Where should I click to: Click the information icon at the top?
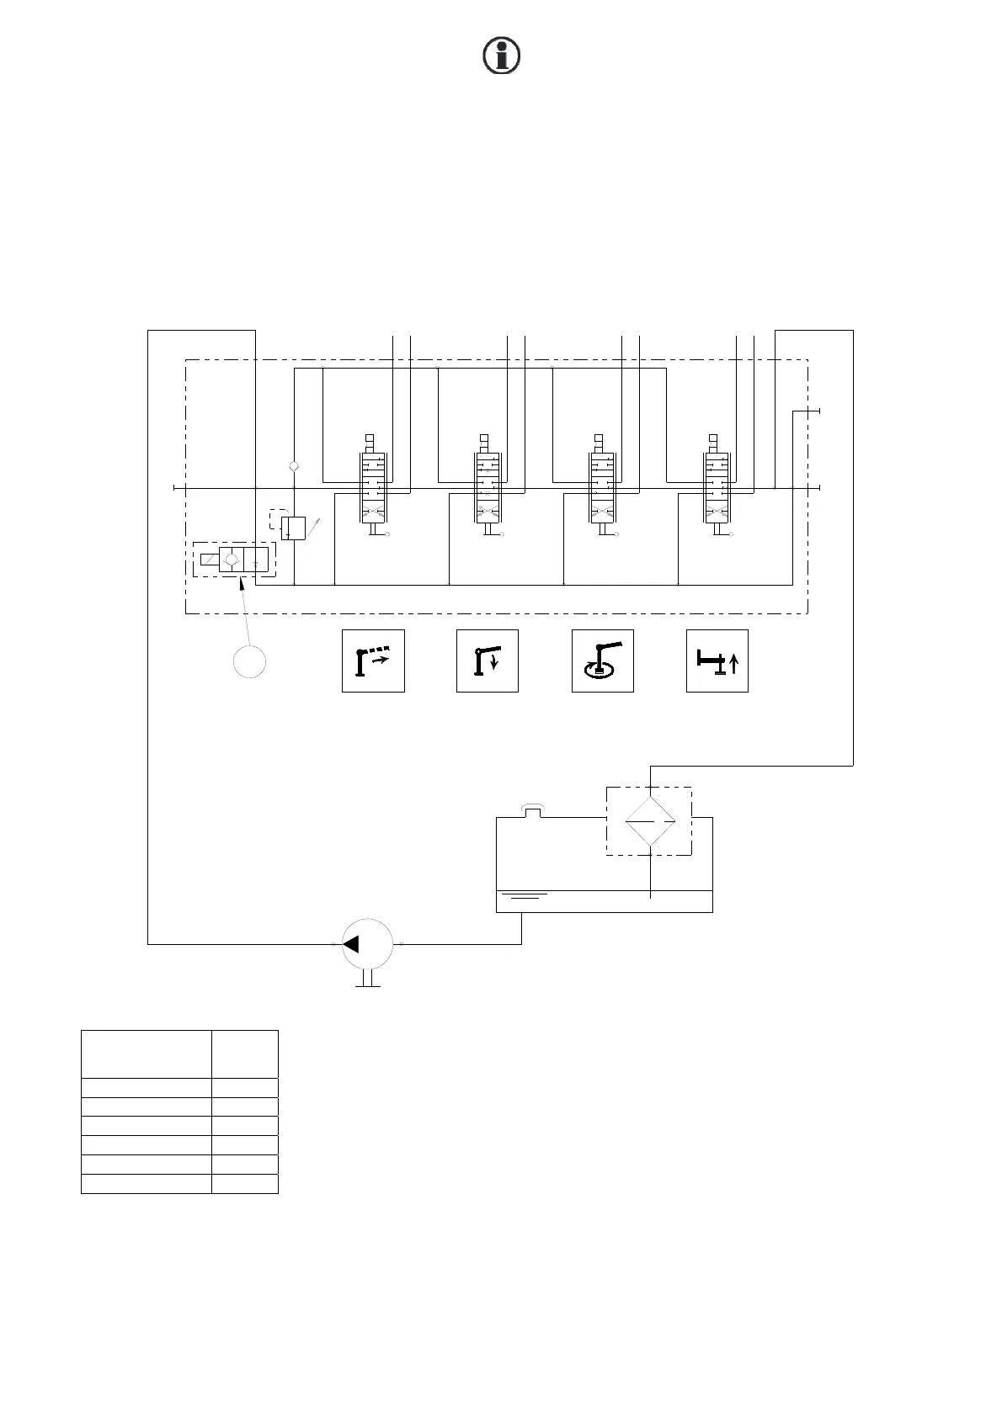click(501, 56)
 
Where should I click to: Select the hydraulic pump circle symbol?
click(368, 944)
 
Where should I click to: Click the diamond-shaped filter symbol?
click(651, 820)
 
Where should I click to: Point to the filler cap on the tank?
click(531, 810)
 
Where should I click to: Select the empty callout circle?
click(249, 661)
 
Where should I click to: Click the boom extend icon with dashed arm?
click(373, 661)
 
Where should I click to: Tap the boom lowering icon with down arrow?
click(487, 661)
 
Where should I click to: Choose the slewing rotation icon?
click(602, 661)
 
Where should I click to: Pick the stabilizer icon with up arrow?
click(717, 661)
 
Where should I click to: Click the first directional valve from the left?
click(373, 488)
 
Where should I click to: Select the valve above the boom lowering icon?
click(488, 488)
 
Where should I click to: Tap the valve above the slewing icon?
click(602, 488)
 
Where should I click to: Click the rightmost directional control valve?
click(717, 488)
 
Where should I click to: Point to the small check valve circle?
click(293, 465)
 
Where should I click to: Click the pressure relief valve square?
click(293, 528)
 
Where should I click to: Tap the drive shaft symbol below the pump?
click(368, 979)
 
